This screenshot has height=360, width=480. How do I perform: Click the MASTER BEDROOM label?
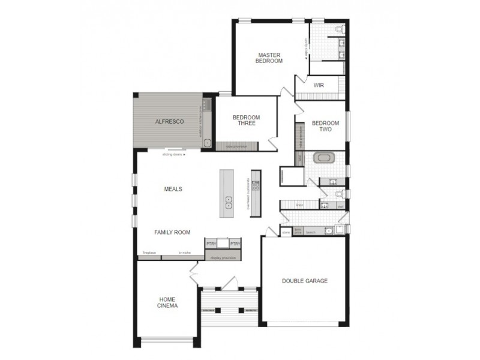(x=269, y=57)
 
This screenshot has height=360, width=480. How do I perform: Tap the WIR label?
(x=318, y=85)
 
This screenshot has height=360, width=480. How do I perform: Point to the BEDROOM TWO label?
(x=325, y=126)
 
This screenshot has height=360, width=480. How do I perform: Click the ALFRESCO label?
(x=169, y=121)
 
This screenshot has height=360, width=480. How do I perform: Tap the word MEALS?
(x=173, y=189)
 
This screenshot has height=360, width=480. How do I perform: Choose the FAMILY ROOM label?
(x=172, y=232)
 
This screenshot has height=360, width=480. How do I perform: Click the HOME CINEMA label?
(x=168, y=302)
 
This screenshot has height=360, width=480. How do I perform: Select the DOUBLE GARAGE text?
(x=305, y=280)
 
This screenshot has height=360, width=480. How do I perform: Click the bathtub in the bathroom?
(x=325, y=159)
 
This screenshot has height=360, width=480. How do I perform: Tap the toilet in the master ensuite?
(x=340, y=29)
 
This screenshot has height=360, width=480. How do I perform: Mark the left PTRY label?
(x=211, y=244)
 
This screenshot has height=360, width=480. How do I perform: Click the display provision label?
(x=223, y=257)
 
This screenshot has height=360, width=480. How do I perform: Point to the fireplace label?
(x=149, y=253)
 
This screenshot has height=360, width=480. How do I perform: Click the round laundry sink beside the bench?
(x=329, y=230)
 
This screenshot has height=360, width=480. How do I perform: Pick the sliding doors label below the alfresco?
(x=173, y=155)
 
